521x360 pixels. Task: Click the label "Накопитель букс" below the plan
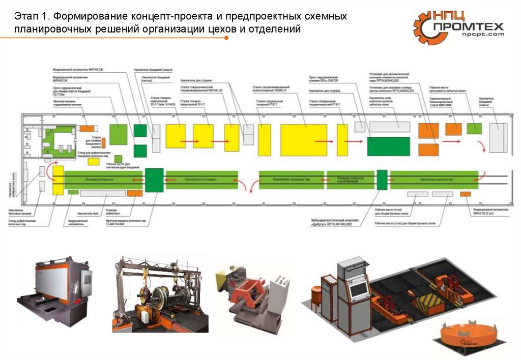tap(88, 214)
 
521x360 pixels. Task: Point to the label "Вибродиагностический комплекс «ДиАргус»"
tap(331, 222)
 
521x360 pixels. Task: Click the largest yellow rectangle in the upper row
tap(304, 139)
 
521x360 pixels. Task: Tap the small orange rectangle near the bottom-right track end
tap(465, 194)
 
